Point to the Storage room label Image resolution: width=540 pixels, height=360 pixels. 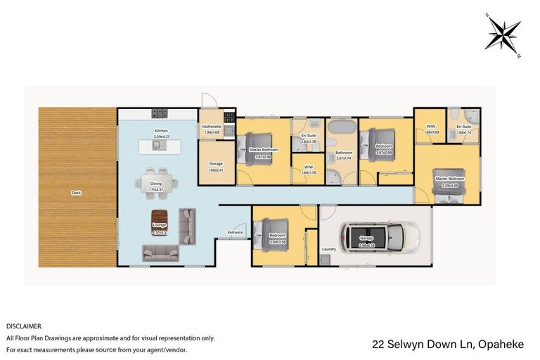215,164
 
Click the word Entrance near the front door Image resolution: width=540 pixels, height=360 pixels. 235,232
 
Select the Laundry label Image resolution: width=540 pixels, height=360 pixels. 328,249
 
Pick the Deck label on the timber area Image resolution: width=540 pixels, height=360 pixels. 75,192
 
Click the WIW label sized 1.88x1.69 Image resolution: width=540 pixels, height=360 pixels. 431,127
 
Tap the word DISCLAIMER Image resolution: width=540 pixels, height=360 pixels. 24,326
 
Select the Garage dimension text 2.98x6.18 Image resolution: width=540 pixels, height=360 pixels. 366,243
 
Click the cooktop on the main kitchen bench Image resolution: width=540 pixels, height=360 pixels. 159,112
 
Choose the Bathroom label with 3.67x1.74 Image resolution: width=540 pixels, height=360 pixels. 344,155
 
